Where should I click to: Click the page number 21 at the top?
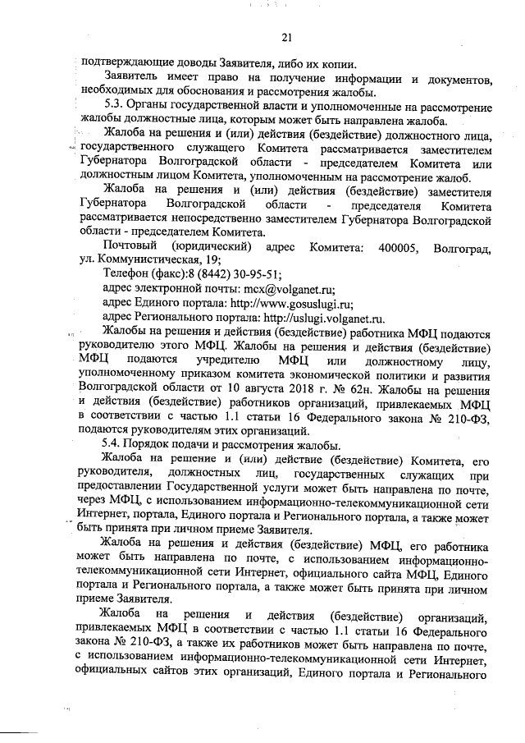click(x=286, y=37)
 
